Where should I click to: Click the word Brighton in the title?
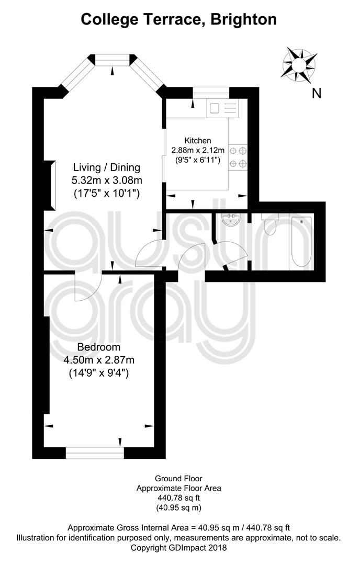tap(244, 19)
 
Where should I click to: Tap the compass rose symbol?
tap(299, 65)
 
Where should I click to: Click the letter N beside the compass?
tap(317, 93)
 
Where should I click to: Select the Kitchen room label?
tap(198, 141)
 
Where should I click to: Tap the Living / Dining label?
tap(107, 167)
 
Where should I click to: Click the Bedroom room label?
tap(99, 347)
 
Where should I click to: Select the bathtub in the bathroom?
tap(301, 242)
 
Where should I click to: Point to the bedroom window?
tap(95, 453)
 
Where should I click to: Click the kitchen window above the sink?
tap(211, 93)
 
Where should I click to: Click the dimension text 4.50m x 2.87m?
tap(99, 359)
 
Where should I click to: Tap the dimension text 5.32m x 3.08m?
tap(107, 180)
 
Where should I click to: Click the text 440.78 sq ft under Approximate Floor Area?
tap(179, 498)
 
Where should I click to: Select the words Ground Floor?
tap(179, 479)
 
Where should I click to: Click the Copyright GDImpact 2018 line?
tap(179, 547)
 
